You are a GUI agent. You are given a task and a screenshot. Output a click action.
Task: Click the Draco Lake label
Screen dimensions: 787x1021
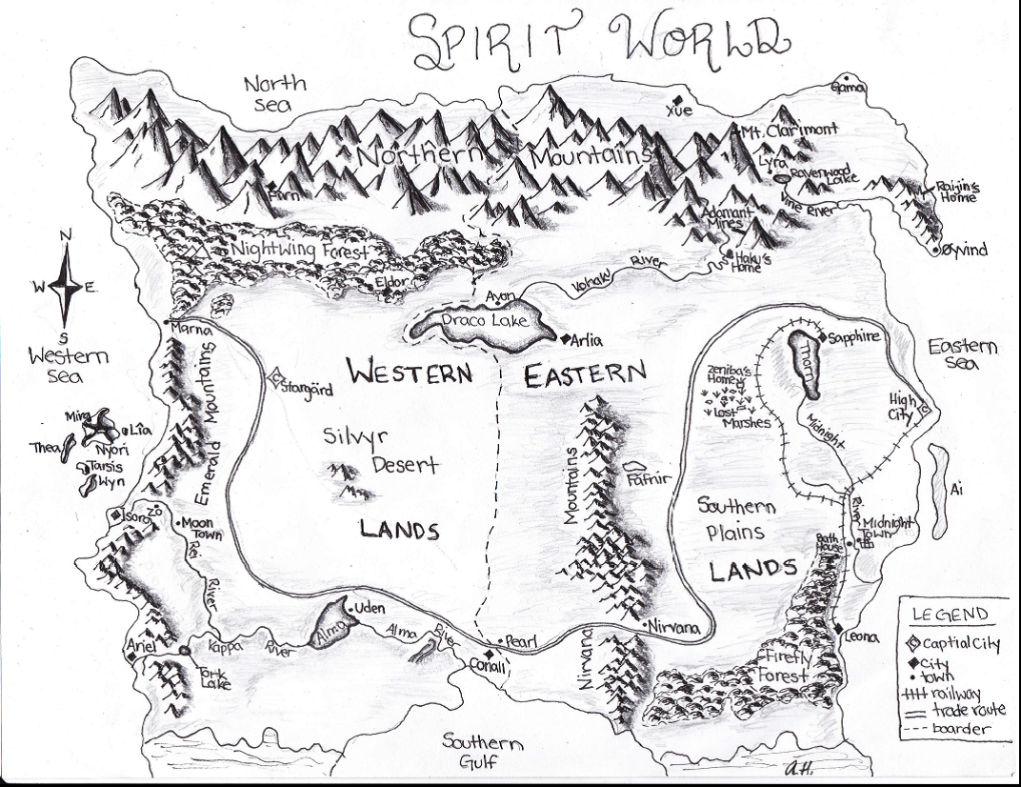tap(484, 321)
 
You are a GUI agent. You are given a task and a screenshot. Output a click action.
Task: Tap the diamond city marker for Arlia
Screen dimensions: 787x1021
tap(565, 338)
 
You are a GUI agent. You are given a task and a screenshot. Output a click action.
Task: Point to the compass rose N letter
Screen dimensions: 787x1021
tap(65, 236)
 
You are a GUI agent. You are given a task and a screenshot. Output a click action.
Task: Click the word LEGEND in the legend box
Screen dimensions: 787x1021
tap(950, 615)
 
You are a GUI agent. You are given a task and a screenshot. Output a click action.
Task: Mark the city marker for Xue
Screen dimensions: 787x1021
tap(676, 99)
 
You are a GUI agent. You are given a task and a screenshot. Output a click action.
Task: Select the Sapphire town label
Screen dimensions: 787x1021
tap(854, 337)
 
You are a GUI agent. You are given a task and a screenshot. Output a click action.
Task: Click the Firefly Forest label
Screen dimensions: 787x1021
tap(786, 666)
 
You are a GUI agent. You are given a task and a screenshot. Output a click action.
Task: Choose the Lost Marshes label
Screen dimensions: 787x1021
tap(746, 416)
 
